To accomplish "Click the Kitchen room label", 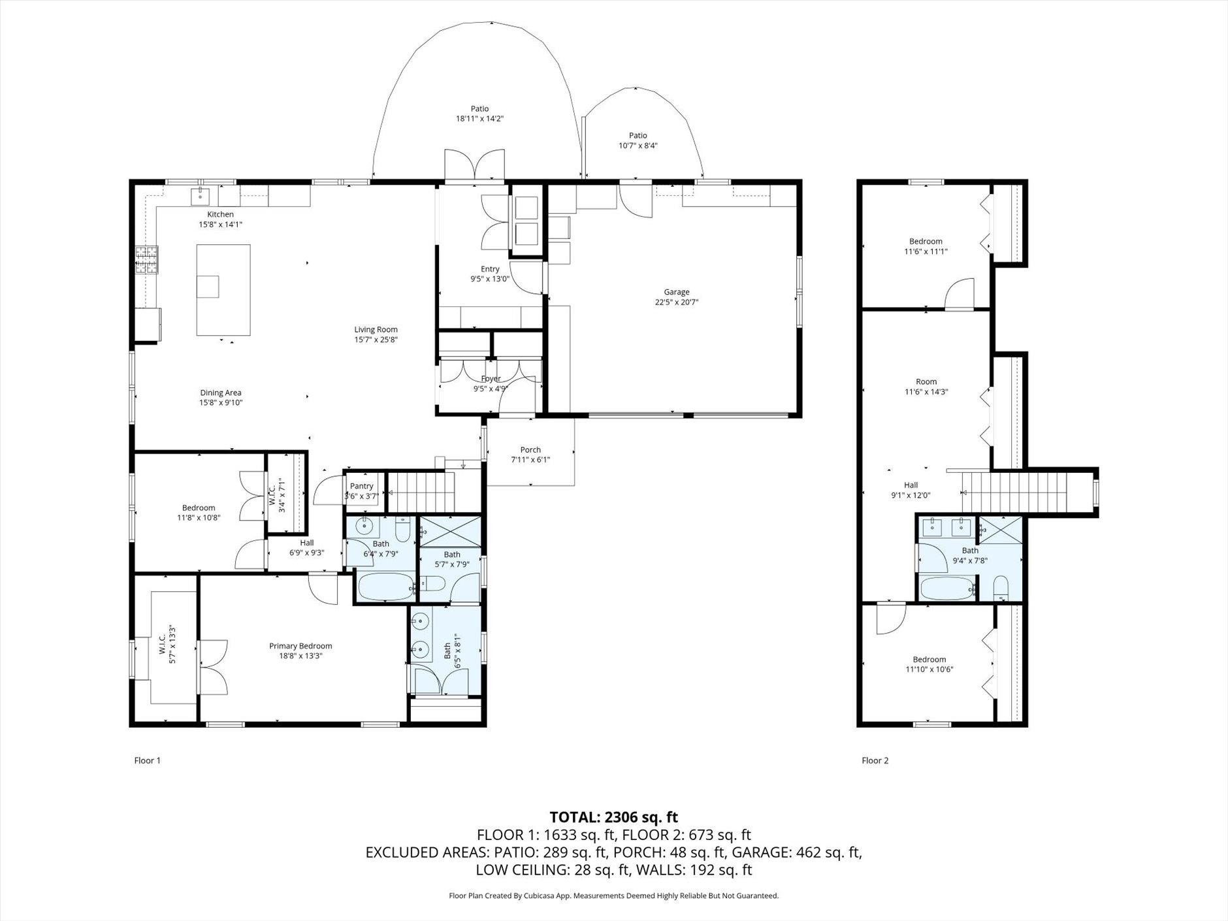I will tap(220, 215).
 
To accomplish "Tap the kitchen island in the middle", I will tap(223, 290).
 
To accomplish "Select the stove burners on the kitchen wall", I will tap(146, 259).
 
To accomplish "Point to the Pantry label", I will tap(361, 486).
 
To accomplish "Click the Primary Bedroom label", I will tap(300, 646).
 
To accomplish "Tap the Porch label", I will tap(530, 449).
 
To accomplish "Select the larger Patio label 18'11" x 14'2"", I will tap(479, 119).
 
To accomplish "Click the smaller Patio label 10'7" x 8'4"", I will tap(638, 146).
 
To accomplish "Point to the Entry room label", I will tap(490, 269).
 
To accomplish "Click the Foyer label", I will tap(491, 379).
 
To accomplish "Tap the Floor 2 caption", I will tap(875, 760).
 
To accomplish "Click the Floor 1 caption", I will tap(147, 760).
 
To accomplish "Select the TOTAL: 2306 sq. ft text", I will tap(613, 817).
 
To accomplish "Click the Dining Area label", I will tap(220, 393).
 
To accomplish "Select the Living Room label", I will tap(376, 330).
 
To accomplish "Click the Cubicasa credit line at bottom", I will tap(613, 896).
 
